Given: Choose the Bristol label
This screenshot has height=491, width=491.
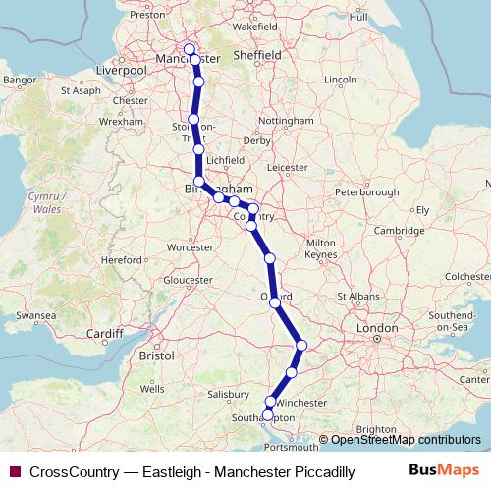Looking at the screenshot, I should (157, 354).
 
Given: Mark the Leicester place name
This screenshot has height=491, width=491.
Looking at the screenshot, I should (287, 167).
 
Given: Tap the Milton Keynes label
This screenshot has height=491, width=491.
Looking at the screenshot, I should (321, 248).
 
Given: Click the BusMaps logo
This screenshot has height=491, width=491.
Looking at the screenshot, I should (450, 471).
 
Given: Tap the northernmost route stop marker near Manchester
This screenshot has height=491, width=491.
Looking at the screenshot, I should (190, 51).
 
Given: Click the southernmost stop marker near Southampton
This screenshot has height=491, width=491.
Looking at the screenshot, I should (268, 415).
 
